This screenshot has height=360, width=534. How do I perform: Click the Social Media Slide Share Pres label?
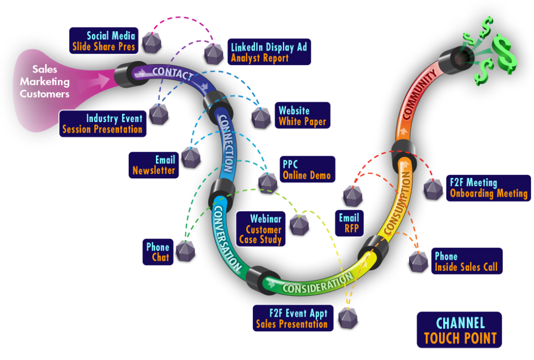[x=104, y=41]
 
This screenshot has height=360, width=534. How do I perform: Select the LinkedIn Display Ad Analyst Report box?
[x=269, y=52]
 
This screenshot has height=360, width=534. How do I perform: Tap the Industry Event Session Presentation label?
[x=102, y=124]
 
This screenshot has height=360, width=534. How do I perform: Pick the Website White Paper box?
[x=302, y=116]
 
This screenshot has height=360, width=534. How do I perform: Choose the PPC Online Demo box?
[x=306, y=169]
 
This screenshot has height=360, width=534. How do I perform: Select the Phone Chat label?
[x=157, y=251]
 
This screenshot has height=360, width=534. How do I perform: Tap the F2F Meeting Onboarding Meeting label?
[x=488, y=188]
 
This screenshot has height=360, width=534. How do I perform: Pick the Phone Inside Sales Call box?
[x=466, y=261]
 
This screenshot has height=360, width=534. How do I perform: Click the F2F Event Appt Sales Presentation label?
[x=292, y=318]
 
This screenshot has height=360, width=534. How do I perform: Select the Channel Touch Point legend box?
[x=459, y=330]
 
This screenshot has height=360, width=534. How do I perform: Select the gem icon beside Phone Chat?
[x=185, y=250]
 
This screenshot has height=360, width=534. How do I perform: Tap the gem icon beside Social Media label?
[x=152, y=42]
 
